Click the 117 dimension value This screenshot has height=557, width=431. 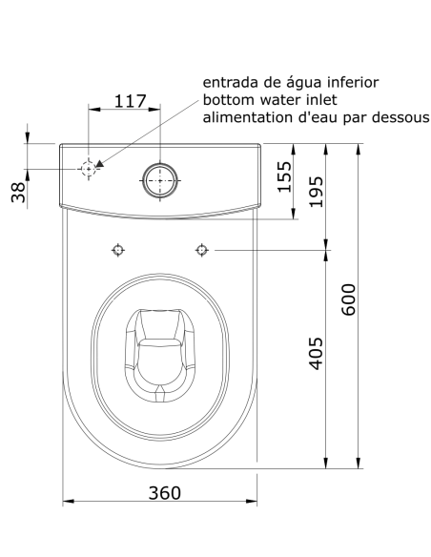tap(131, 100)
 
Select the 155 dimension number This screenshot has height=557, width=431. tap(284, 176)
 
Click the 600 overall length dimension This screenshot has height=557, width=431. tap(348, 300)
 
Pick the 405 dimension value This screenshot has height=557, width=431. tap(316, 355)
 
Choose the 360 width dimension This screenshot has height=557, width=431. tap(160, 492)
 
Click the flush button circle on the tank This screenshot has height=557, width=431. tap(160, 178)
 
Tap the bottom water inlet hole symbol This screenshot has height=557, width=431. tap(89, 169)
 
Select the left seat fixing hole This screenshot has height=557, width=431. tap(118, 250)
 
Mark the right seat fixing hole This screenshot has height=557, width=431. tap(201, 250)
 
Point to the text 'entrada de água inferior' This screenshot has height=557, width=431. tap(291, 83)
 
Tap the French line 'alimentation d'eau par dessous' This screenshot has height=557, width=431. tap(315, 117)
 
